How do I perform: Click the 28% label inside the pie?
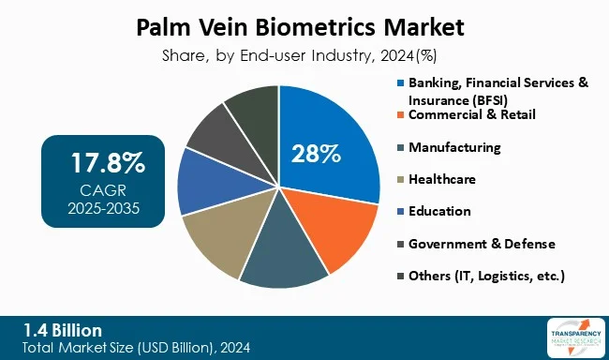[317, 153]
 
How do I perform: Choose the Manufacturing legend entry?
[468, 147]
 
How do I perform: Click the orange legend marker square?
[401, 115]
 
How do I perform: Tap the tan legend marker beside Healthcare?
[401, 179]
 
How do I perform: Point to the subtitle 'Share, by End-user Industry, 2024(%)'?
[304, 54]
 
